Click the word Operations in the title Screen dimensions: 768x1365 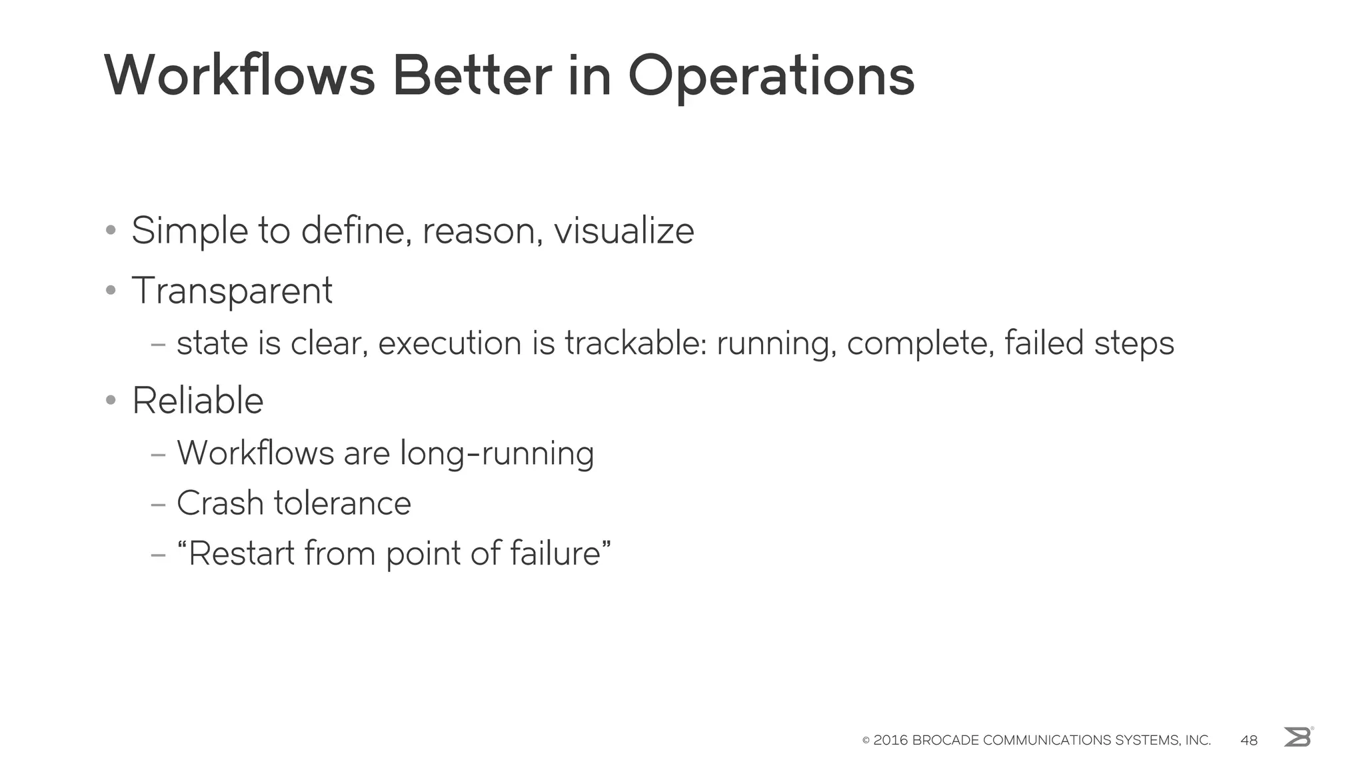tap(771, 77)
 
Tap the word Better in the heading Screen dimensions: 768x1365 tap(472, 75)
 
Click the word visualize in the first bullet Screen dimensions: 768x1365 tap(624, 231)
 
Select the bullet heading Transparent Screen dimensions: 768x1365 tap(232, 291)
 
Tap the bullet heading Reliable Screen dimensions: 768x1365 tap(198, 401)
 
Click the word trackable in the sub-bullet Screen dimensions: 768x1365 tap(635, 343)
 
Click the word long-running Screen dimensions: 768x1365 tap(497, 453)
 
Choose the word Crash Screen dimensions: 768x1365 tap(220, 503)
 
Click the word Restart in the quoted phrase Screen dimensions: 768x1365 tap(241, 553)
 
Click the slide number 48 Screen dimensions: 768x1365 tap(1249, 740)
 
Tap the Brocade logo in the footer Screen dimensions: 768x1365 tap(1298, 737)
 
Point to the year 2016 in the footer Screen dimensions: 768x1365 tap(890, 740)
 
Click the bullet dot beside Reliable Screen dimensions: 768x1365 tap(111, 401)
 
